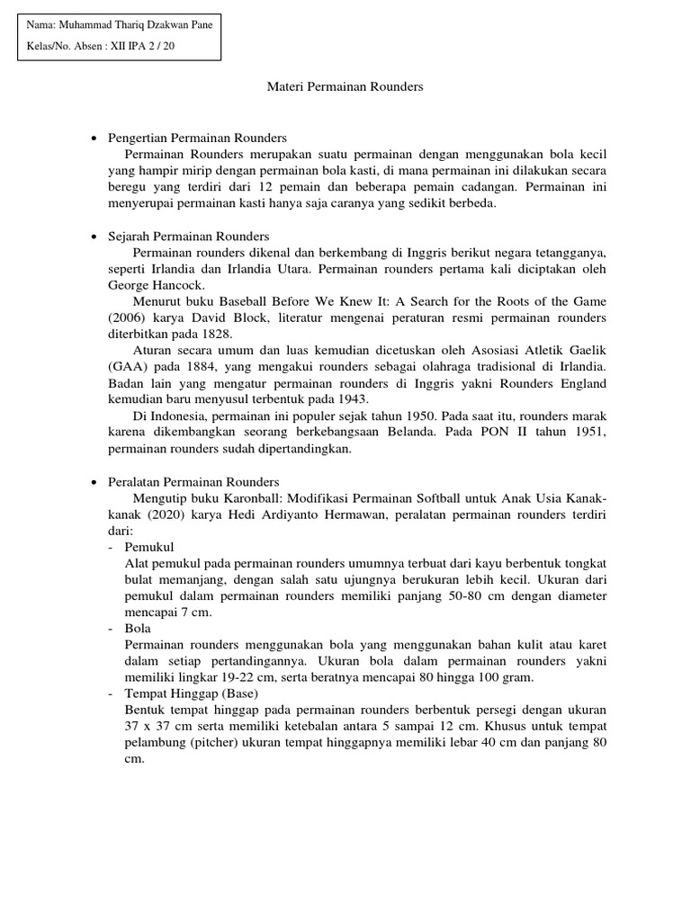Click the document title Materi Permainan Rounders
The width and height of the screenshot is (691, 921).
pos(345,87)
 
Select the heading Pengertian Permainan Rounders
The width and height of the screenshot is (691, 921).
pos(197,139)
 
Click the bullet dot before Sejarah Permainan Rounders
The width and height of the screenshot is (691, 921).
pos(95,237)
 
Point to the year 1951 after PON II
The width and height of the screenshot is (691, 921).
pos(588,432)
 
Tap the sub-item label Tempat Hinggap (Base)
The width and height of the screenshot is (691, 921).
pos(192,693)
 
